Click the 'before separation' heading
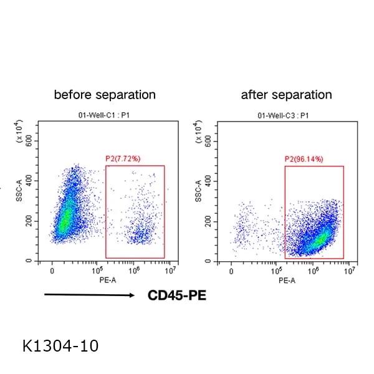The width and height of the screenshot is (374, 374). click(105, 95)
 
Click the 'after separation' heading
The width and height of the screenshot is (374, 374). click(286, 95)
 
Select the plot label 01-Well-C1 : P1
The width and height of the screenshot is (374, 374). click(105, 116)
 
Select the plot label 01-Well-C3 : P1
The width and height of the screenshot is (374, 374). click(283, 116)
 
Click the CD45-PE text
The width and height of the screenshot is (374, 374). click(176, 295)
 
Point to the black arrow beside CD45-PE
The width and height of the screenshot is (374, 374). click(89, 295)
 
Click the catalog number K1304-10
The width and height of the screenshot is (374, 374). click(60, 345)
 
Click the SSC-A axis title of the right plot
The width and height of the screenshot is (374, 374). click(199, 192)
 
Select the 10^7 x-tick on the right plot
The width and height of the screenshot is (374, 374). click(350, 271)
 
